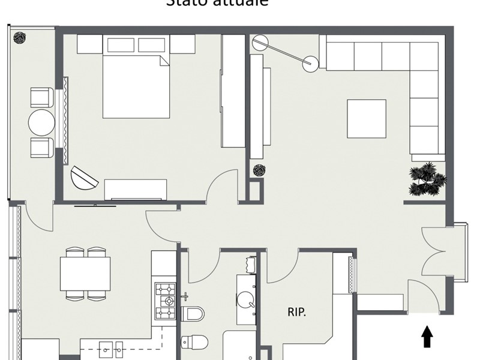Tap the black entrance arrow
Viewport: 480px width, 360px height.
click(x=427, y=337)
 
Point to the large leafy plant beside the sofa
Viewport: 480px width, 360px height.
click(x=427, y=179)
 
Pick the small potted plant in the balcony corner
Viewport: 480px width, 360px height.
click(x=20, y=37)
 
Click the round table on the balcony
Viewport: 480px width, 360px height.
click(x=41, y=122)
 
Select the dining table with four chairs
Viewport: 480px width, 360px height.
click(x=85, y=274)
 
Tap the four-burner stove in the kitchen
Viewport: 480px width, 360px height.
click(x=166, y=301)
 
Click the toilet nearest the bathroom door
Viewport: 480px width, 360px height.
click(x=193, y=313)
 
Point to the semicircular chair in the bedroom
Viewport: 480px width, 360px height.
click(x=83, y=178)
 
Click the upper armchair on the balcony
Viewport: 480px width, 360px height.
click(x=41, y=97)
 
